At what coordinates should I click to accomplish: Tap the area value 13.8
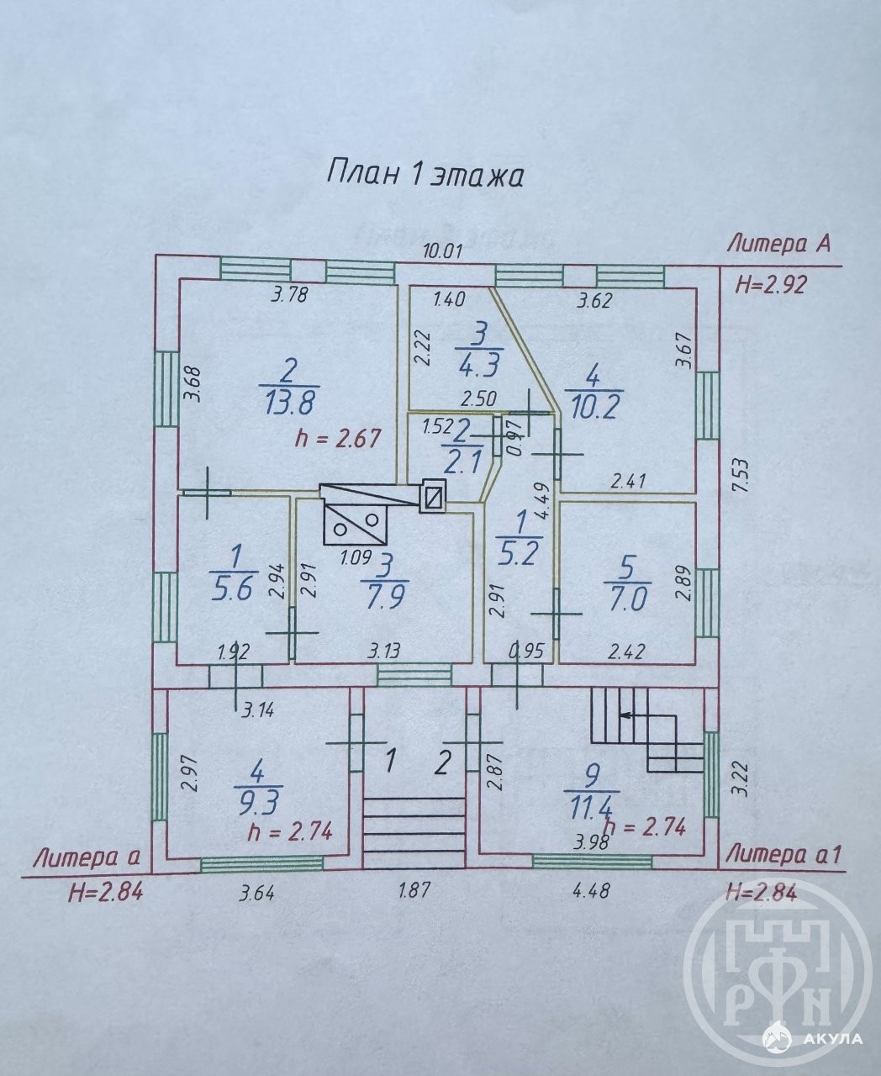click(x=290, y=403)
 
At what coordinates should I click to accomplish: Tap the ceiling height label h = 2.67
click(x=338, y=438)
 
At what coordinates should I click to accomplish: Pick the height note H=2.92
click(x=771, y=285)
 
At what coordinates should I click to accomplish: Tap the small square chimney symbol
click(x=433, y=496)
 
